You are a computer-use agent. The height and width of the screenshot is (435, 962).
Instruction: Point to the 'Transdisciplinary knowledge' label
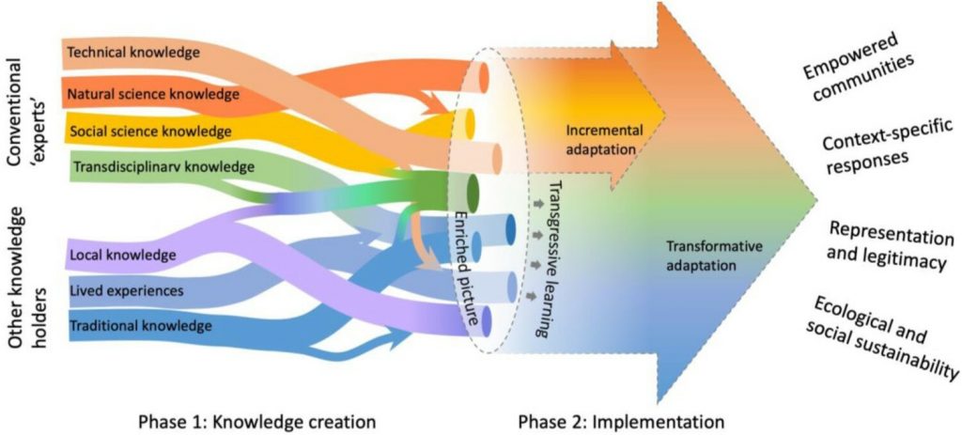(163, 167)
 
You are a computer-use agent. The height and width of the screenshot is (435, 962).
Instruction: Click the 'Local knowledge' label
(122, 255)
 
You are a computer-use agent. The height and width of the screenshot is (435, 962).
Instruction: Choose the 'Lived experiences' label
(127, 291)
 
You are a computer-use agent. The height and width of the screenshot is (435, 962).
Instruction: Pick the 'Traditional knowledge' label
(139, 327)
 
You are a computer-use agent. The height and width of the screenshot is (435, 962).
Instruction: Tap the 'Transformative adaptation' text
(714, 256)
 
